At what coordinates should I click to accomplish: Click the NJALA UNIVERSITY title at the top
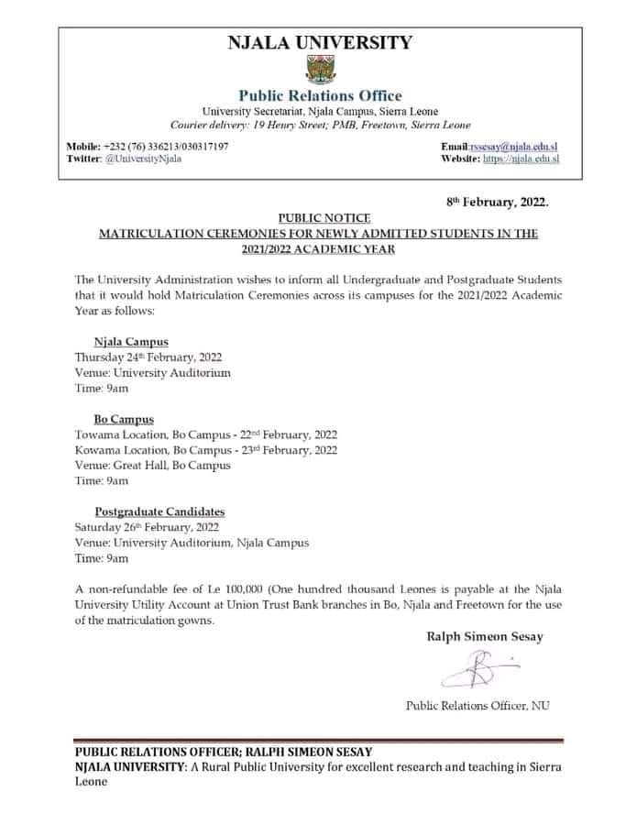tap(320, 42)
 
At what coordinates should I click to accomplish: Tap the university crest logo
tap(320, 71)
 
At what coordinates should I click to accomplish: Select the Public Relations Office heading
tap(320, 95)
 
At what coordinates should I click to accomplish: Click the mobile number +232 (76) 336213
tap(150, 147)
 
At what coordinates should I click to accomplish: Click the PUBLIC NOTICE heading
tap(319, 218)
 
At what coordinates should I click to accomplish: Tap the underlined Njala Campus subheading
tap(131, 341)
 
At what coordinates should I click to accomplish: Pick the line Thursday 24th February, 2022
tap(148, 357)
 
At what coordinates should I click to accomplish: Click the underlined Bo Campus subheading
tap(124, 419)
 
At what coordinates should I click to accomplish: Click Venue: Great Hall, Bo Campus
tap(152, 465)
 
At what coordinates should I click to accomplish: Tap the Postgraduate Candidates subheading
tap(159, 511)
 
